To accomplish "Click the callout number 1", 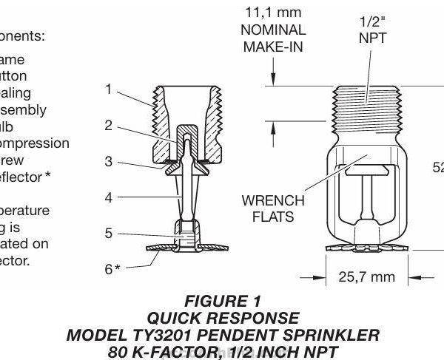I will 108,89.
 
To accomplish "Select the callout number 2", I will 108,125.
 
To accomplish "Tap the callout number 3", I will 108,160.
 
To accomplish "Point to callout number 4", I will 108,197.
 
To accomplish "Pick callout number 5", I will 108,234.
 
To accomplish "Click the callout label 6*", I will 112,269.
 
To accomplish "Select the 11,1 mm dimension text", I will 274,12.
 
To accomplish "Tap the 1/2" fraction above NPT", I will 372,23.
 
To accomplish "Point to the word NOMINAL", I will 274,30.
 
